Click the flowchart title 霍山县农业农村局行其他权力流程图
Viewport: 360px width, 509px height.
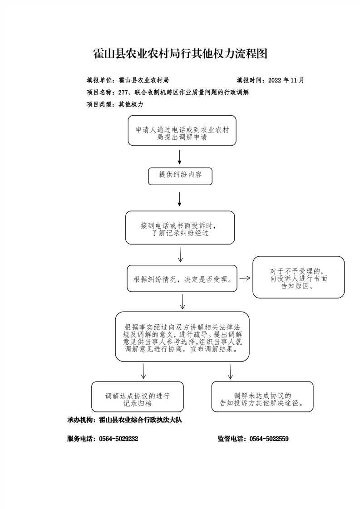[180, 54]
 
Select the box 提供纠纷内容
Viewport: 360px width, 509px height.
[180, 176]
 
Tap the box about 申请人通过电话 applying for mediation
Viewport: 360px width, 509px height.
[182, 131]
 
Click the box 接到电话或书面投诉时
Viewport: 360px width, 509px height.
[180, 228]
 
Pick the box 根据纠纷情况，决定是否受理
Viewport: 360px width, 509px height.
[182, 278]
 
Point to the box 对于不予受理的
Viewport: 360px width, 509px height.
[299, 277]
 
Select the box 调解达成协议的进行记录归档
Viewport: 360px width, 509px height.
[138, 396]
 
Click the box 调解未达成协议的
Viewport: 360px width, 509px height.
[262, 396]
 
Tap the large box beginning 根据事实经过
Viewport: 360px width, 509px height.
[182, 337]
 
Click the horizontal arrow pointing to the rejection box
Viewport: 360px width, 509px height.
[245, 278]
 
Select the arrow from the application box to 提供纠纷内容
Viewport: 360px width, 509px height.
[179, 157]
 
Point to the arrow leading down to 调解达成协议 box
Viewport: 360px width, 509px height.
[143, 371]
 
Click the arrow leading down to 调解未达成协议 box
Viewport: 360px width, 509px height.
[230, 372]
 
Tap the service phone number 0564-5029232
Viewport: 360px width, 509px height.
[118, 439]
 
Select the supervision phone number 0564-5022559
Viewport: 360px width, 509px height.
[269, 439]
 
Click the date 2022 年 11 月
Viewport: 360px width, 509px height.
[286, 80]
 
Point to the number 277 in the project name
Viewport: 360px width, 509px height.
[123, 92]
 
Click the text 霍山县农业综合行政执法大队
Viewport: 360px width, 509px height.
[140, 420]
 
